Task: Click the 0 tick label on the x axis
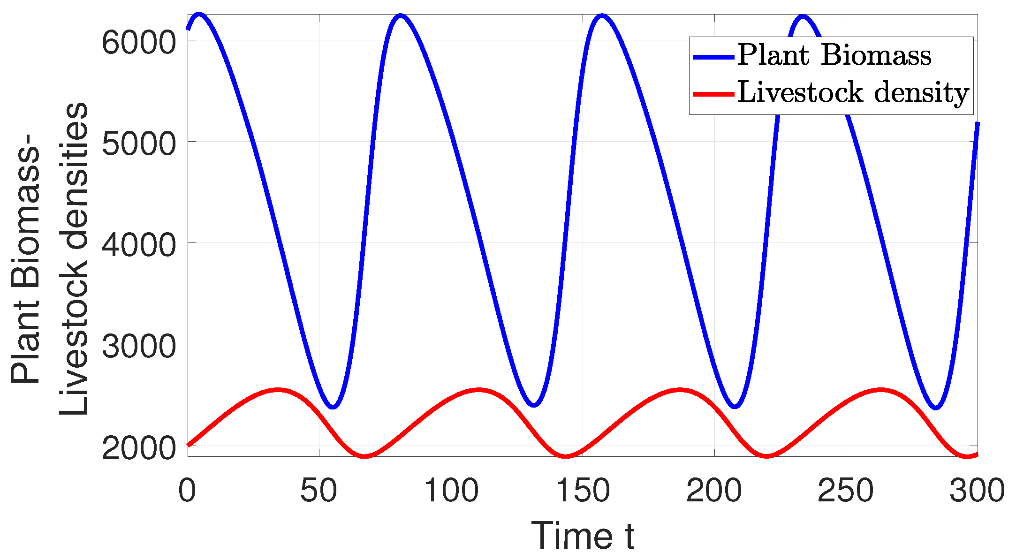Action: click(187, 491)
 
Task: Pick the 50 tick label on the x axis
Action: click(319, 491)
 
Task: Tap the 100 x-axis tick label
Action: click(451, 491)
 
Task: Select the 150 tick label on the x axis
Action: click(583, 491)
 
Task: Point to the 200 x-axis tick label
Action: click(714, 491)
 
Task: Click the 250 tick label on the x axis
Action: click(846, 491)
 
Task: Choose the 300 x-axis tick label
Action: click(977, 491)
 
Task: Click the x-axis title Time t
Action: click(583, 536)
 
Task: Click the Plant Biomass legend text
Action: click(834, 55)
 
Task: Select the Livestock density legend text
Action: click(853, 93)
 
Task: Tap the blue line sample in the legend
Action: click(713, 57)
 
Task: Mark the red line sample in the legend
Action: click(713, 94)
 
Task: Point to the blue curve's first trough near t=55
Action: click(333, 406)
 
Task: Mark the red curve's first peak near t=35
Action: click(278, 390)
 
